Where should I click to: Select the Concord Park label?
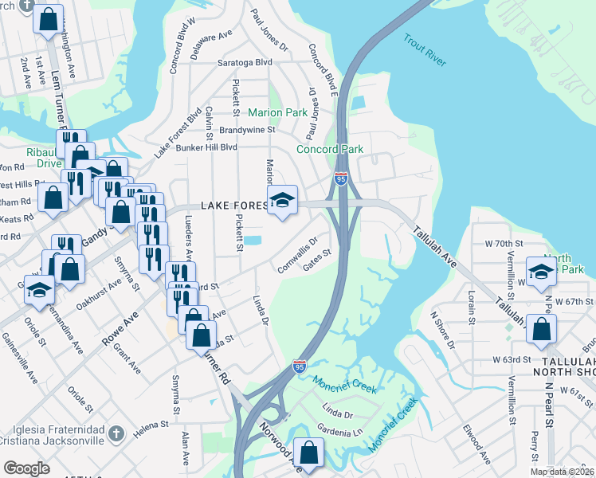[x=330, y=149]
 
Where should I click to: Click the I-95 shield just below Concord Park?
[x=341, y=178]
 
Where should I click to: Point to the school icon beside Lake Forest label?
[x=282, y=201]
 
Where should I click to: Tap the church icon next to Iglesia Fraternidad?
[x=116, y=434]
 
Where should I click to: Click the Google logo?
[x=27, y=468]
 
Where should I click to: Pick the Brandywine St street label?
[x=247, y=129]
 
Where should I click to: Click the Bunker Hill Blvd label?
[x=206, y=147]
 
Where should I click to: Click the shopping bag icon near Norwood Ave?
[x=308, y=454]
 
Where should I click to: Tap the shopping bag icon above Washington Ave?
[x=49, y=18]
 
